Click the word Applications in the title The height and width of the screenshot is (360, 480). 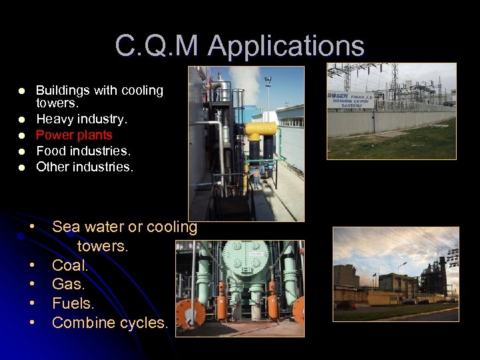pos(286,47)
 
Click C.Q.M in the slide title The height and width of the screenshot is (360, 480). pos(158,47)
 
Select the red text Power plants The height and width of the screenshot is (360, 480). pos(74,135)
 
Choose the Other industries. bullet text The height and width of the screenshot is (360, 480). pos(85,167)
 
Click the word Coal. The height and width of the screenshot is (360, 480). pos(70,265)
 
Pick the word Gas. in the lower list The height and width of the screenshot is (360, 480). pos(69,285)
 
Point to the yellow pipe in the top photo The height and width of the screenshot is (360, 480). pos(261,129)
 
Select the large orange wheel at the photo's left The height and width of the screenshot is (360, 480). pos(190,314)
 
